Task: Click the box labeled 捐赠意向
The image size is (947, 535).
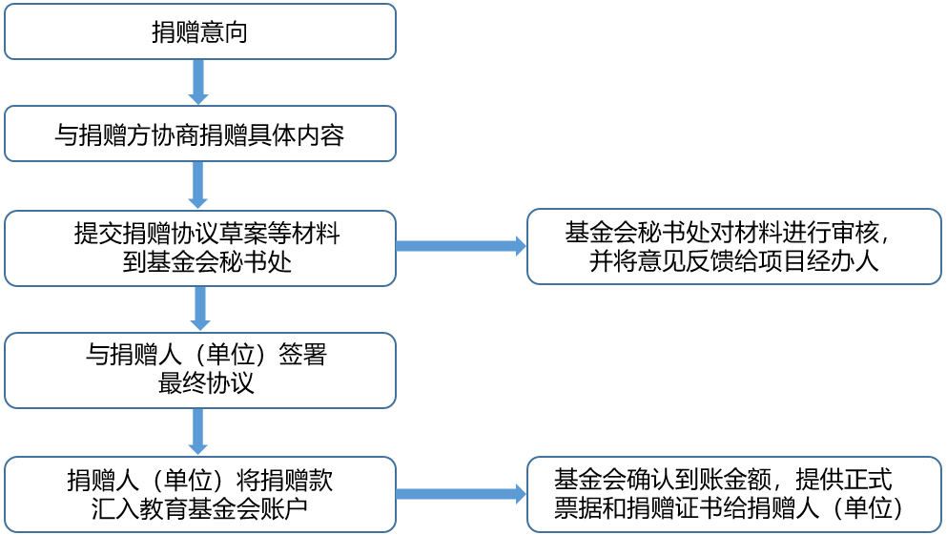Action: coord(199,31)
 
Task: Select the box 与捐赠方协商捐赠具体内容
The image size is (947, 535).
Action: coord(199,134)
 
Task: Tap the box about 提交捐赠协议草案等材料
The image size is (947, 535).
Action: coord(199,248)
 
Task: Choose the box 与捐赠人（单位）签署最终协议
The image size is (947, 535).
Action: coord(199,370)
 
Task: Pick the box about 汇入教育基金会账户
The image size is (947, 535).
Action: coord(199,494)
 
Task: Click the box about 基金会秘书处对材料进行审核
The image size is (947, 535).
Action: coord(733,247)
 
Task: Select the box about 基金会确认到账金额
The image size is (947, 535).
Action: coord(733,494)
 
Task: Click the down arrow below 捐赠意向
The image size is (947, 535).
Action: coord(198,82)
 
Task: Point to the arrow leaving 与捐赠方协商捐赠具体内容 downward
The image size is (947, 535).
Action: coord(198,185)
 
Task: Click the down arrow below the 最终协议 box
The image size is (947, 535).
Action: coord(198,432)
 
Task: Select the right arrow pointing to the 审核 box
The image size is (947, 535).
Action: coord(461,246)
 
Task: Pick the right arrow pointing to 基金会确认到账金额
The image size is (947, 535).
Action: coord(461,494)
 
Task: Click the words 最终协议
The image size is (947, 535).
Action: coord(206,383)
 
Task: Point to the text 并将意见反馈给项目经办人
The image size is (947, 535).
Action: coord(733,261)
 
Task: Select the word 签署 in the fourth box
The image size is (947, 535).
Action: coord(303,356)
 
